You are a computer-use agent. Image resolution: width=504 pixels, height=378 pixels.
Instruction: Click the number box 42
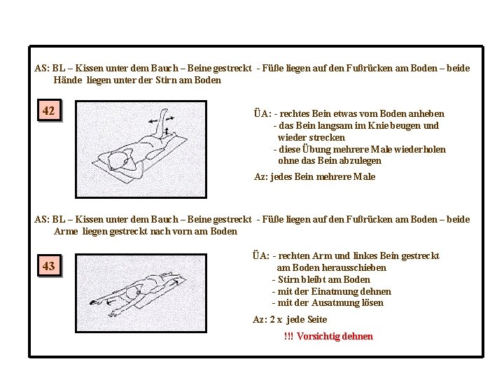49,111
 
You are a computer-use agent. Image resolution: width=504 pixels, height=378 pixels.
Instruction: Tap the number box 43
49,266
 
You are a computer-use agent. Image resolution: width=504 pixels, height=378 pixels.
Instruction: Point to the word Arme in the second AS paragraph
66,231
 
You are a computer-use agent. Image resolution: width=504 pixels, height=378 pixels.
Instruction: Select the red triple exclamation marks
288,336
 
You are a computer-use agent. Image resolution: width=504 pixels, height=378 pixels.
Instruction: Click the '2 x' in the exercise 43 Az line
276,319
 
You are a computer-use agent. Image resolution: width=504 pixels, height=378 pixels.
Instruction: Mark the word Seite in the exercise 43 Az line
316,319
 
